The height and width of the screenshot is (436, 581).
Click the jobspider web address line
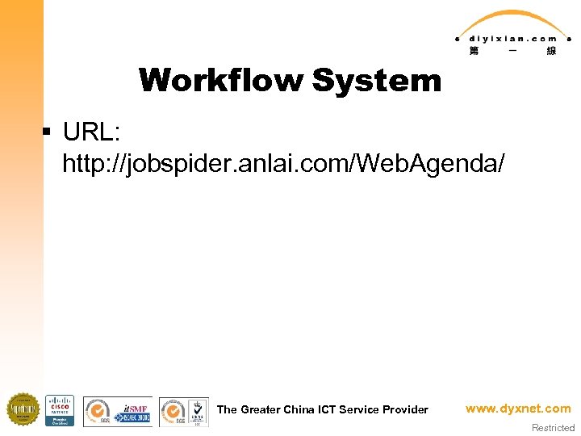(x=284, y=164)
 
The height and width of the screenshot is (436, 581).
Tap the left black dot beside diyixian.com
(x=458, y=38)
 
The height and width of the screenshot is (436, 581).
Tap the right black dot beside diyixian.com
(x=569, y=38)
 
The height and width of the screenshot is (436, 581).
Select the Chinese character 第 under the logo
(x=473, y=51)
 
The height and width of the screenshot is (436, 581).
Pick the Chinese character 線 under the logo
(x=551, y=51)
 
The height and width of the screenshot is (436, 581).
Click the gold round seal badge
(x=23, y=409)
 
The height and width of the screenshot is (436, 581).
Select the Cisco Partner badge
(x=60, y=409)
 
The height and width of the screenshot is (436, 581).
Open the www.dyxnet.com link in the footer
(x=518, y=409)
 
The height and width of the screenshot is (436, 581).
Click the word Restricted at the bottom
(x=553, y=428)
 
